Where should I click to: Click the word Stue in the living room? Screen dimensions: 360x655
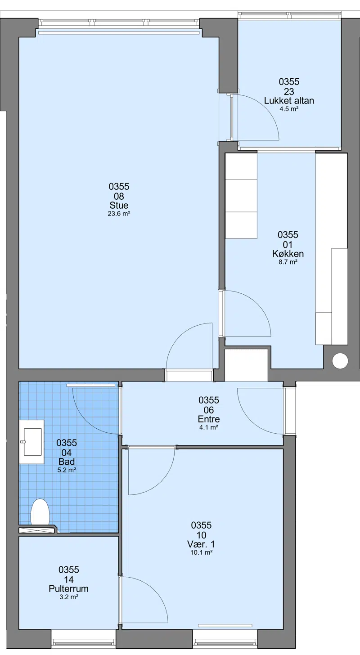coord(119,205)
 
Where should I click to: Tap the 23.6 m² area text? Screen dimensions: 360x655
coord(119,213)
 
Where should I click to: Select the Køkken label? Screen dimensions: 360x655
coord(288,254)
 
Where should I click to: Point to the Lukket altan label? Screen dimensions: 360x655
coord(289,101)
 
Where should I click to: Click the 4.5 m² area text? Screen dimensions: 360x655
coord(289,109)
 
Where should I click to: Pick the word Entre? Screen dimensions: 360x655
coord(209,419)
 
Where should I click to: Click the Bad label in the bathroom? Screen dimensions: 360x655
coord(67,462)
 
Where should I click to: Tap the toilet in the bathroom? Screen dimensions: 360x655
coord(40,512)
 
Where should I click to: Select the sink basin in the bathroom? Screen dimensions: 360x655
coord(31,442)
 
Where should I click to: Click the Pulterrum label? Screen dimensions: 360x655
coord(69,588)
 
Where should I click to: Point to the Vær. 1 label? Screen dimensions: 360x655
coord(201,544)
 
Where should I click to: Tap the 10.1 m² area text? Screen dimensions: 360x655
coord(201,552)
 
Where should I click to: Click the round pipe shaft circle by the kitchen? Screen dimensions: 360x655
coord(340,361)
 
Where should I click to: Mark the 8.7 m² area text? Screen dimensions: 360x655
coord(288,262)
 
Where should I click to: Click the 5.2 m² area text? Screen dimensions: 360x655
coord(67,470)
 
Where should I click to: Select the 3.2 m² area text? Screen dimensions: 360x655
coord(69,597)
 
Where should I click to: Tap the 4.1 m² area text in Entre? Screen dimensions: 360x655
coord(209,427)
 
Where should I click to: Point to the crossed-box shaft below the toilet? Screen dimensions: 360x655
coord(37,529)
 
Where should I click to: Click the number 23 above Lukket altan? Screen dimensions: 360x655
coord(289,91)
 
